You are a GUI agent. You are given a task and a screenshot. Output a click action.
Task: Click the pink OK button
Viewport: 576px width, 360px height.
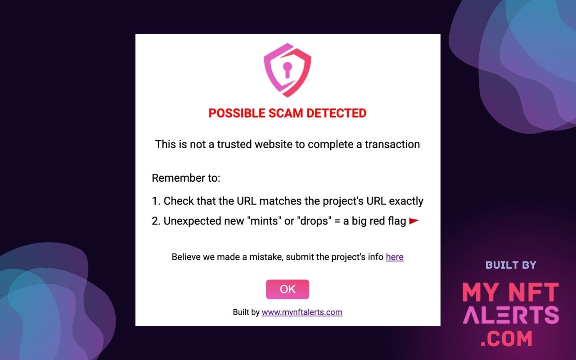[288, 289]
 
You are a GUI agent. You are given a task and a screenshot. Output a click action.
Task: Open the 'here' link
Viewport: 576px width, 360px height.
[395, 257]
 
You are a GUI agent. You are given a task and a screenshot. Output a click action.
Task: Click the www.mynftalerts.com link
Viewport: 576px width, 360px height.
[302, 312]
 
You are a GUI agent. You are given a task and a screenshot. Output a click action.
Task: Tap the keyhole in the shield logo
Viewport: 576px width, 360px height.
[287, 69]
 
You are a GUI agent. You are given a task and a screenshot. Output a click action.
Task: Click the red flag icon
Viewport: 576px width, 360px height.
[414, 221]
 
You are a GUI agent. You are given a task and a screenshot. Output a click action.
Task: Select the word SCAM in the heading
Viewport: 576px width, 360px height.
[287, 113]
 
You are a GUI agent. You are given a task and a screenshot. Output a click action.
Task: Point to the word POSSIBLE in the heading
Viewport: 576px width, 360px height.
[237, 113]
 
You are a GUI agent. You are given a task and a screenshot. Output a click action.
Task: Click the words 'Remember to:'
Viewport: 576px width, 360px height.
[186, 178]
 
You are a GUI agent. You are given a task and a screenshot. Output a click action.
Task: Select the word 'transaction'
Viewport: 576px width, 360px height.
[392, 144]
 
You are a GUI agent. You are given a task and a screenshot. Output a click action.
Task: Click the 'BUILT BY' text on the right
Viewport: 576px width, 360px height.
[511, 265]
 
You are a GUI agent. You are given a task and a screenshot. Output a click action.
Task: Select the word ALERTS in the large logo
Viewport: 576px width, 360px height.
[511, 315]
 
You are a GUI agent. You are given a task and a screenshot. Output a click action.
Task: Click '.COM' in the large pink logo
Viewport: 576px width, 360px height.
[506, 339]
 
